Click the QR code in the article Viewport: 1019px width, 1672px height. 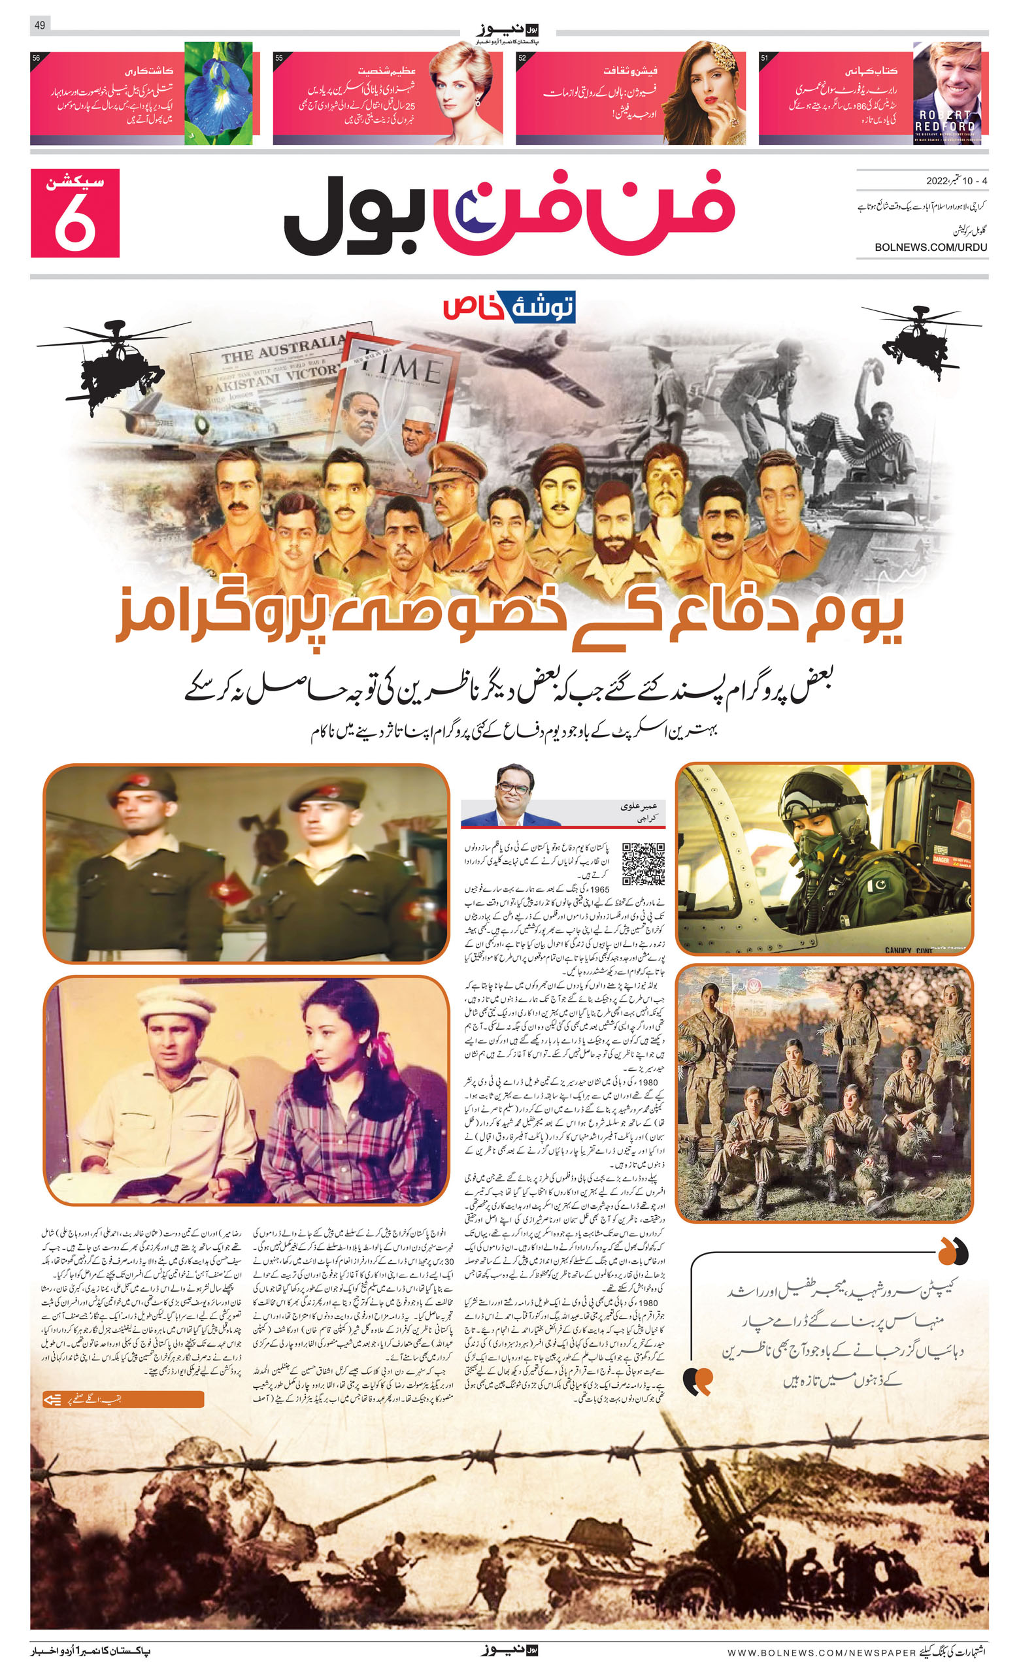point(643,864)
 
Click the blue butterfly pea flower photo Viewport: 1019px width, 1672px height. point(218,93)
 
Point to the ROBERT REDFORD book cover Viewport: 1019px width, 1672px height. point(946,93)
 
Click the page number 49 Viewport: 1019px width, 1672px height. point(39,25)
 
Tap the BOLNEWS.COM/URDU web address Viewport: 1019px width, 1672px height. point(930,248)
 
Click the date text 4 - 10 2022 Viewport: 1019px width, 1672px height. point(956,181)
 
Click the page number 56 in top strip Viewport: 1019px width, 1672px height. point(37,58)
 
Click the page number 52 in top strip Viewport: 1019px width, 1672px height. point(522,58)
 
